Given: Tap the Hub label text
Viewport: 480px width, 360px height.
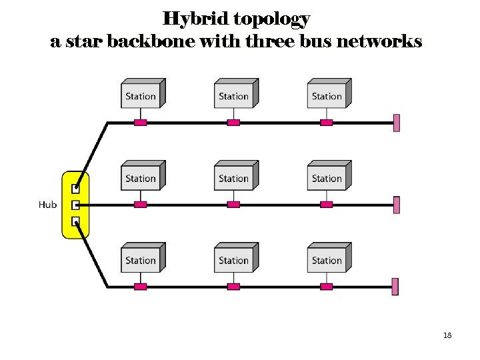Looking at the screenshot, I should click(47, 205).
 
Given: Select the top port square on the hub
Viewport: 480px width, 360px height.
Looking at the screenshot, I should click(76, 189).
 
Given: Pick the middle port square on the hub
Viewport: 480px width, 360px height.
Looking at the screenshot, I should click(76, 205).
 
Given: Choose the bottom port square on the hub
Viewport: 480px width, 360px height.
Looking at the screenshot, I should click(76, 221).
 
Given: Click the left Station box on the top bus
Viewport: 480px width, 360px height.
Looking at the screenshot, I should click(141, 95).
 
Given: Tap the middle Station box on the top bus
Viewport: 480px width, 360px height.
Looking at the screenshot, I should click(234, 95).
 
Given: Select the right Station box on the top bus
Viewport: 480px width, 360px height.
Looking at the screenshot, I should click(327, 95).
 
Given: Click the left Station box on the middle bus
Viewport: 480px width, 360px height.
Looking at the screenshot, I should click(141, 177).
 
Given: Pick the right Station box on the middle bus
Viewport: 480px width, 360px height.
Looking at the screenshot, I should click(327, 177).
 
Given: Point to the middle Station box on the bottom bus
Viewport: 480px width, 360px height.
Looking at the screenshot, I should click(234, 259).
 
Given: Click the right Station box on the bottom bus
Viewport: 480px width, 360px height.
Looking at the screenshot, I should click(327, 259).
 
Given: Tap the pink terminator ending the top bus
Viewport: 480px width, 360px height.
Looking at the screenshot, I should click(396, 123).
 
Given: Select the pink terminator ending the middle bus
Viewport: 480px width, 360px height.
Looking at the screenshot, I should click(396, 205).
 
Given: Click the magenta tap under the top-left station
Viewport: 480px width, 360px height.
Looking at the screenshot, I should click(140, 123).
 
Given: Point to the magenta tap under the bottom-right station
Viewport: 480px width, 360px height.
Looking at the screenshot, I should click(326, 287).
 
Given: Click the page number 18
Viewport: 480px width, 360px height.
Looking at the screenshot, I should click(447, 335).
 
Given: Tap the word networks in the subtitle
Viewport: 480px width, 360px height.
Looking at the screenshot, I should click(379, 42).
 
